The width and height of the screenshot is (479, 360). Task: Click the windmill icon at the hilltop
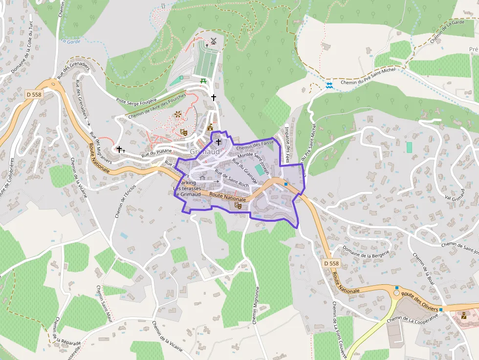tap(213, 41)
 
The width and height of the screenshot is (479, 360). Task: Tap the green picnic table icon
tap(203, 81)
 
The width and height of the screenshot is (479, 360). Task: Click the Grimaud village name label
tap(204, 152)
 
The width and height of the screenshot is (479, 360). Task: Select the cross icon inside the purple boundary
tap(218, 142)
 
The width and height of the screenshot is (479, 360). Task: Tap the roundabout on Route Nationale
tap(397, 294)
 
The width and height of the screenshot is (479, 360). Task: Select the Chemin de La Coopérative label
tap(412, 317)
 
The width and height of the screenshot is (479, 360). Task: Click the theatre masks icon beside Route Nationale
tap(239, 206)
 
